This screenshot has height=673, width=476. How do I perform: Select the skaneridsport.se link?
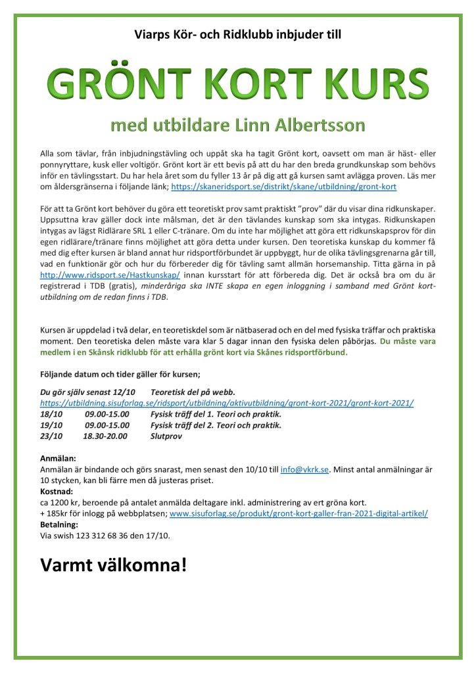(283, 187)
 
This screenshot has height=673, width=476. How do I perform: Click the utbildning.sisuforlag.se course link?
(227, 403)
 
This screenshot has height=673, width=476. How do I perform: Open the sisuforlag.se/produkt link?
(298, 513)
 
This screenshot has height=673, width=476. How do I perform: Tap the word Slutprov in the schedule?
(166, 436)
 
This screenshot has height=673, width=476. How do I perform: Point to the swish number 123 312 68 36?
(102, 536)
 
